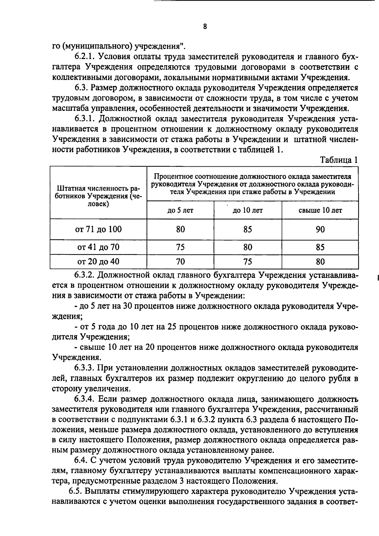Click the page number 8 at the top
(x=205, y=27)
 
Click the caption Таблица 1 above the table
(x=339, y=160)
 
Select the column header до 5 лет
(x=180, y=210)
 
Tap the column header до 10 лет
(x=248, y=210)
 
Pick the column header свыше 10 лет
(x=320, y=210)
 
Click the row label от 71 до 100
(x=98, y=229)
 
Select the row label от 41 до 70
(x=98, y=247)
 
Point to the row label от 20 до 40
(x=98, y=261)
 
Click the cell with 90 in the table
(x=320, y=229)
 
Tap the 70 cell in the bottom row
(x=180, y=261)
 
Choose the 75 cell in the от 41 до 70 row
(x=180, y=247)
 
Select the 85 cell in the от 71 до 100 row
(x=248, y=229)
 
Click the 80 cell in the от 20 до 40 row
(x=320, y=261)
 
